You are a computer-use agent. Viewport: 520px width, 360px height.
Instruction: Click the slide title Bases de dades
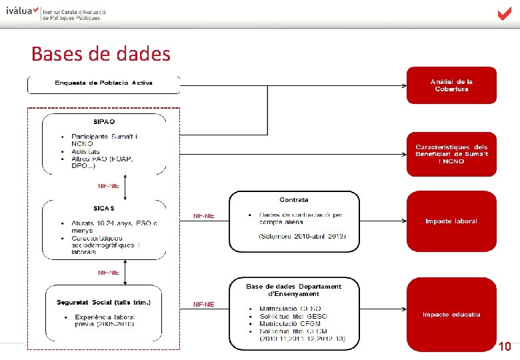pos(101,53)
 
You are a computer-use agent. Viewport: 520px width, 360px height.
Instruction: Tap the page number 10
pos(505,347)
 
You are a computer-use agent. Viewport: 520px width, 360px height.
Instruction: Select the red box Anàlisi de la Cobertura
pos(451,85)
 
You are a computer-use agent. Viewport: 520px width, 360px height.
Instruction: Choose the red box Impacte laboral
pos(451,221)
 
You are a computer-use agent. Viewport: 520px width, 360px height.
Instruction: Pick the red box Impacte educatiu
pos(451,314)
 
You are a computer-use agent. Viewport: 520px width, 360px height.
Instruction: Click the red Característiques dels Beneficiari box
pos(451,154)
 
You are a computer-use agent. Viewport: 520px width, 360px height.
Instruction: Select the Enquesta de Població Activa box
pos(103,83)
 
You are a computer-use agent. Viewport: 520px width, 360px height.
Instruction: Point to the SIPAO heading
pos(104,122)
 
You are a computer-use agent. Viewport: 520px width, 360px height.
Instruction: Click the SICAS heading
pos(104,208)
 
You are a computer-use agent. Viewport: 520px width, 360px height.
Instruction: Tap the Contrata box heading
pos(294,199)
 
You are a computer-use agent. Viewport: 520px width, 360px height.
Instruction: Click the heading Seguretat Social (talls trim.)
pos(104,302)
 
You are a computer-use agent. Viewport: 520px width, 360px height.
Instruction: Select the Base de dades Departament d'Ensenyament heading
pos(294,290)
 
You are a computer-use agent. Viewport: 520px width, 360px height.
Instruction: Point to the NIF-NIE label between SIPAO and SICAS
pos(108,186)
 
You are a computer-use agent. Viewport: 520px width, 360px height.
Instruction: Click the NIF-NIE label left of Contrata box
pos(203,215)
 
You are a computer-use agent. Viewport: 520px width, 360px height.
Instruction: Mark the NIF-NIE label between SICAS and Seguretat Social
pos(108,272)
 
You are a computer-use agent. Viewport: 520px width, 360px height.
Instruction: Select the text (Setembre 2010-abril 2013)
pos(303,238)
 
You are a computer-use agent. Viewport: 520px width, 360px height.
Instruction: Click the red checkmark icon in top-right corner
pos(504,14)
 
